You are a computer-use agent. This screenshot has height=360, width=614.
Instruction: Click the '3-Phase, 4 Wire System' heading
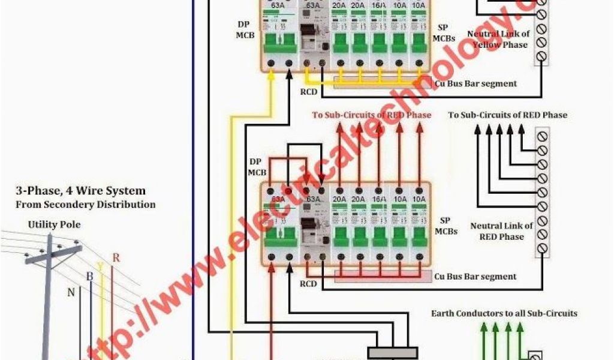click(x=80, y=191)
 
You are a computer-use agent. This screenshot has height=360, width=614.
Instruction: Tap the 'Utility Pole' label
click(x=54, y=224)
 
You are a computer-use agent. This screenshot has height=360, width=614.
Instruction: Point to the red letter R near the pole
click(x=116, y=258)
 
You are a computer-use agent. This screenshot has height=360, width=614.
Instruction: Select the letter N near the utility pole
click(x=71, y=292)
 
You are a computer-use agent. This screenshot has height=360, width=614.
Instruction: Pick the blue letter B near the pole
click(x=89, y=277)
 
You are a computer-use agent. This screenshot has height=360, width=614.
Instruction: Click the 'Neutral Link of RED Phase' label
click(x=501, y=231)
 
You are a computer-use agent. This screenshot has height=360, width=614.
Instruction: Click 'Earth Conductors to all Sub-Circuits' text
click(x=504, y=313)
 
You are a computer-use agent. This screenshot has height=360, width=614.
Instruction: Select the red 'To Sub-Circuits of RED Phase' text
click(x=371, y=115)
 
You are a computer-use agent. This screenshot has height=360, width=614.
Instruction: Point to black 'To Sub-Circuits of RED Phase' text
click(x=507, y=115)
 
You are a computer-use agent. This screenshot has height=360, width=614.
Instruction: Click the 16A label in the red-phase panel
click(x=379, y=199)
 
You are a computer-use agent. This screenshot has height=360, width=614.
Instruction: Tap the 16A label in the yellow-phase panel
click(x=379, y=6)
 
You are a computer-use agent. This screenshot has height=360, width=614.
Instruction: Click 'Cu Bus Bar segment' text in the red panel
click(x=475, y=277)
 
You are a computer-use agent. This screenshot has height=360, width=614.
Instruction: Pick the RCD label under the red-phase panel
click(x=309, y=284)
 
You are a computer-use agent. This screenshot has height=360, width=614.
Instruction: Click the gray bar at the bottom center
click(x=392, y=353)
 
